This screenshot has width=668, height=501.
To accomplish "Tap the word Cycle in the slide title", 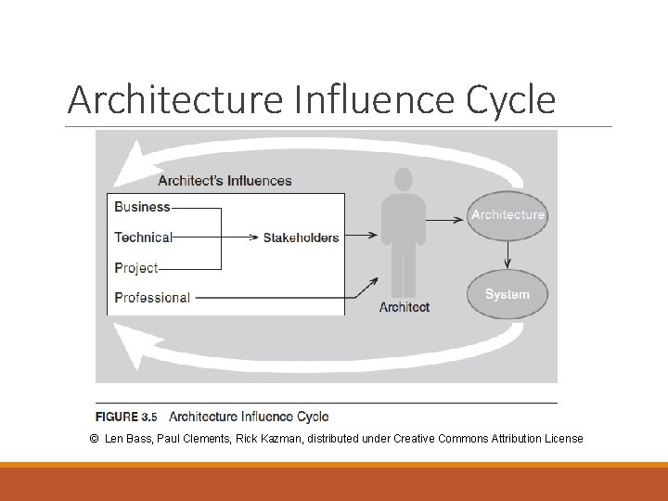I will pyautogui.click(x=511, y=99).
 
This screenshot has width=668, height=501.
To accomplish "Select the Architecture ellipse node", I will pyautogui.click(x=507, y=215).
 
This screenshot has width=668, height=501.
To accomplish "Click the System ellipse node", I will pyautogui.click(x=507, y=294).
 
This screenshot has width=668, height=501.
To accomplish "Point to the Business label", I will pyautogui.click(x=142, y=207).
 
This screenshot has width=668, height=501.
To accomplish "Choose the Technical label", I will pyautogui.click(x=143, y=237).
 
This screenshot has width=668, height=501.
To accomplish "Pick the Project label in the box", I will pyautogui.click(x=136, y=267).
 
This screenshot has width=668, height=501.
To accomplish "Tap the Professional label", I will pyautogui.click(x=152, y=298).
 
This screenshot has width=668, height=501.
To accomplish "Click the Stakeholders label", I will pyautogui.click(x=301, y=238).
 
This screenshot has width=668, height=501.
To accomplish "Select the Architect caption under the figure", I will pyautogui.click(x=405, y=307).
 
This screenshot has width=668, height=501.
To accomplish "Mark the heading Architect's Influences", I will pyautogui.click(x=225, y=181).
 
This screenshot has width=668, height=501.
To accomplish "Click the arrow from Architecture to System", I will pyautogui.click(x=507, y=256).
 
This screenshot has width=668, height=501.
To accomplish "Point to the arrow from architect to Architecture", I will pyautogui.click(x=445, y=219).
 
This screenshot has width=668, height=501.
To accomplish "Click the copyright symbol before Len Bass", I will pyautogui.click(x=95, y=438).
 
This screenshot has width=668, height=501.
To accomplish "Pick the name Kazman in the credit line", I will pyautogui.click(x=283, y=438).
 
